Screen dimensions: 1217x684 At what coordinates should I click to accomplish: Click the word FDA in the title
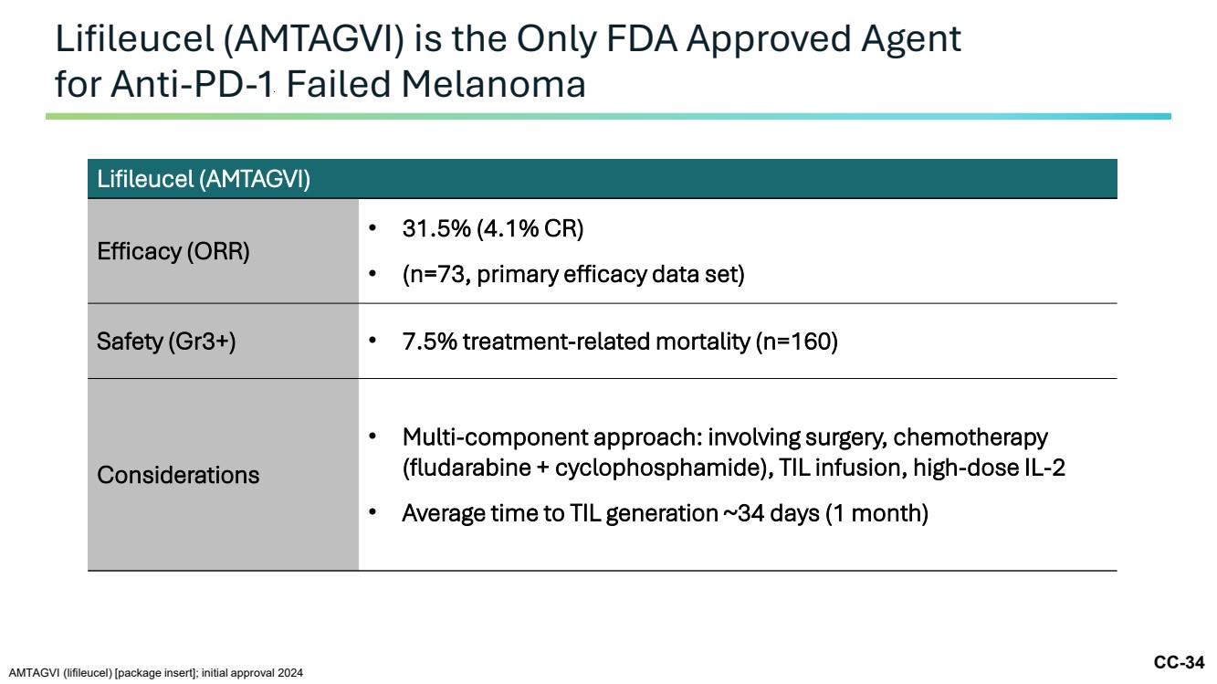pyautogui.click(x=641, y=39)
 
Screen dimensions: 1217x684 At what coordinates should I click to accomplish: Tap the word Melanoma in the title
pyautogui.click(x=493, y=85)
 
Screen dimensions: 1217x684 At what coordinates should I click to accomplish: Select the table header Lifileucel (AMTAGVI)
pyautogui.click(x=204, y=179)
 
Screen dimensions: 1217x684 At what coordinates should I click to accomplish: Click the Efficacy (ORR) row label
pyautogui.click(x=173, y=251)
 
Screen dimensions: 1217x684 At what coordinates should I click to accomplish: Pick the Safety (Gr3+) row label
pyautogui.click(x=166, y=342)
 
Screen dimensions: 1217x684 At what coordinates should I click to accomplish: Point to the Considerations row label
pyautogui.click(x=178, y=475)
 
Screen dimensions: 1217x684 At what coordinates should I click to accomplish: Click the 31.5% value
pyautogui.click(x=436, y=228)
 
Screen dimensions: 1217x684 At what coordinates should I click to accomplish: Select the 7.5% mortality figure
pyautogui.click(x=429, y=342)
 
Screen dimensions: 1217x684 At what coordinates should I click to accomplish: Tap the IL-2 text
pyautogui.click(x=1044, y=468)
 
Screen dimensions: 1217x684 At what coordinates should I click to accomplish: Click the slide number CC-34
pyautogui.click(x=1179, y=662)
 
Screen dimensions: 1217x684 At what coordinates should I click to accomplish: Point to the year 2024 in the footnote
pyautogui.click(x=289, y=673)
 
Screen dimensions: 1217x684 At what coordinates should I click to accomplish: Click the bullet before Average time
pyautogui.click(x=372, y=511)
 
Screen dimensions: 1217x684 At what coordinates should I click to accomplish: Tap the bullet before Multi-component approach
pyautogui.click(x=372, y=436)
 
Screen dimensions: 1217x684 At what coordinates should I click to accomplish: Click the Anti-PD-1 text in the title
pyautogui.click(x=191, y=85)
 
